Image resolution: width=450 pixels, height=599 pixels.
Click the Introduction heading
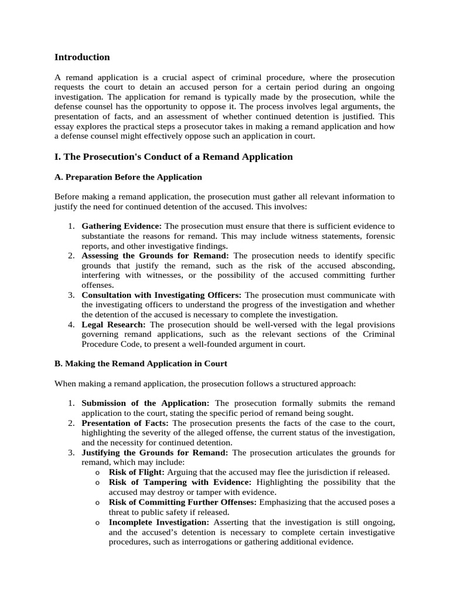pos(82,57)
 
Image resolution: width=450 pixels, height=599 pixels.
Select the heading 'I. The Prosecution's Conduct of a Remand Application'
pos(173,157)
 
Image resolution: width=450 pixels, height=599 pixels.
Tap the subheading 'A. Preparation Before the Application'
pos(128,177)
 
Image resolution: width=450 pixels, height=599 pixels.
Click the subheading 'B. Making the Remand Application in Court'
pos(141,363)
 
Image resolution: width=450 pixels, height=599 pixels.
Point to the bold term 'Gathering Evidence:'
pos(121,226)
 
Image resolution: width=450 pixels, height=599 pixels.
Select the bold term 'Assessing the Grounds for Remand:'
pos(155,256)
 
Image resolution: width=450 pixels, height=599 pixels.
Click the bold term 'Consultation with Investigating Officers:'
pos(162,294)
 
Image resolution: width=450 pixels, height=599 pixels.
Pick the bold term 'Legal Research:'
pos(114,324)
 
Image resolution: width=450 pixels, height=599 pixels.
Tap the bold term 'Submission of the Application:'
pos(145,404)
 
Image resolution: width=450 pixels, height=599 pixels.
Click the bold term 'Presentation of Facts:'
pos(125,423)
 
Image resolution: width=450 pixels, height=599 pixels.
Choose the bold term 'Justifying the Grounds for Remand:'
pos(155,453)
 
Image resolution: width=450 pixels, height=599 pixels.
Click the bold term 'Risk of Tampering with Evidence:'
pos(180,482)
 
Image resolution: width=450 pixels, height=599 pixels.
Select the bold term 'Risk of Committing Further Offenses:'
pos(182,502)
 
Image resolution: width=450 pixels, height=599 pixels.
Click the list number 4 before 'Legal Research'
pos(70,324)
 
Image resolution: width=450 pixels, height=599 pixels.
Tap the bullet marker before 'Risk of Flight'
pos(97,473)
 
